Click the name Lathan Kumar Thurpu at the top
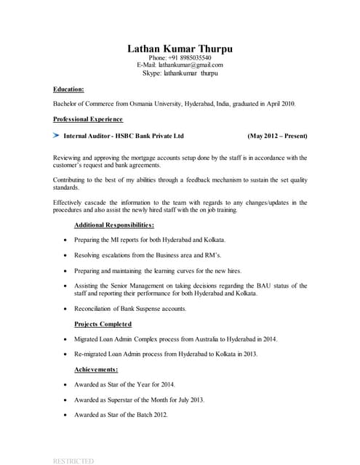pyautogui.click(x=180, y=49)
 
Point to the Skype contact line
pyautogui.click(x=180, y=73)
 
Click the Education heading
pyautogui.click(x=68, y=89)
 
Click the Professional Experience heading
pyautogui.click(x=88, y=119)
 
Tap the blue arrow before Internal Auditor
pyautogui.click(x=56, y=135)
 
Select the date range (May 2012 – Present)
pyautogui.click(x=277, y=136)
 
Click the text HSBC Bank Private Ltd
pyautogui.click(x=149, y=136)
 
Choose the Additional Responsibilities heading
pyautogui.click(x=114, y=225)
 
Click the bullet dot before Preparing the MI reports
pyautogui.click(x=66, y=240)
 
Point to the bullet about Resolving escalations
pyautogui.click(x=147, y=256)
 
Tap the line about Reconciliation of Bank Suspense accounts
pyautogui.click(x=130, y=309)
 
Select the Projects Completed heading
pyautogui.click(x=103, y=324)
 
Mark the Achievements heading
pyautogui.click(x=96, y=370)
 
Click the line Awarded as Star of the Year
pyautogui.click(x=124, y=384)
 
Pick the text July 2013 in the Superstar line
pyautogui.click(x=188, y=400)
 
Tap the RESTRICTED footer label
pyautogui.click(x=73, y=461)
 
